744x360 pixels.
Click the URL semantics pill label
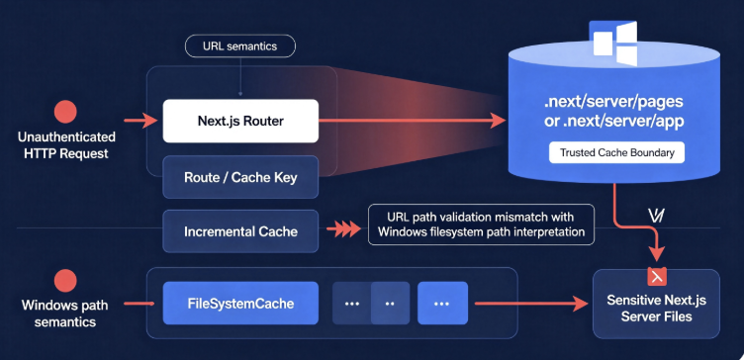point(240,46)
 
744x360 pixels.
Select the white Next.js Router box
point(240,121)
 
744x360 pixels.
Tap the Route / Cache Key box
point(240,178)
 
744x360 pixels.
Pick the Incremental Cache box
point(240,231)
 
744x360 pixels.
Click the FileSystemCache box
point(240,303)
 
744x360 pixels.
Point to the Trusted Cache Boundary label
point(616,152)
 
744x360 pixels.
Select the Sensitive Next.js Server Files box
point(656,304)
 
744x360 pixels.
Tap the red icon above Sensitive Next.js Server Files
point(657,276)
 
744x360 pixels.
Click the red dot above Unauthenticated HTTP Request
point(65,113)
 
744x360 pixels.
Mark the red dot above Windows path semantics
point(65,280)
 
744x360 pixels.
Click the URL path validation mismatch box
point(481,225)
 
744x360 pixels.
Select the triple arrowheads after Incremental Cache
point(343,230)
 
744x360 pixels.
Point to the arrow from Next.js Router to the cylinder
point(412,121)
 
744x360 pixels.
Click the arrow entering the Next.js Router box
point(140,121)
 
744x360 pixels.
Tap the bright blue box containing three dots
point(442,303)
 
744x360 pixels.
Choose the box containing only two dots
point(390,303)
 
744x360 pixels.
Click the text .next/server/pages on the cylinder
point(614,101)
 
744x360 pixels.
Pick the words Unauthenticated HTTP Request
point(66,145)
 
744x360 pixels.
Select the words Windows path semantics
point(65,314)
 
